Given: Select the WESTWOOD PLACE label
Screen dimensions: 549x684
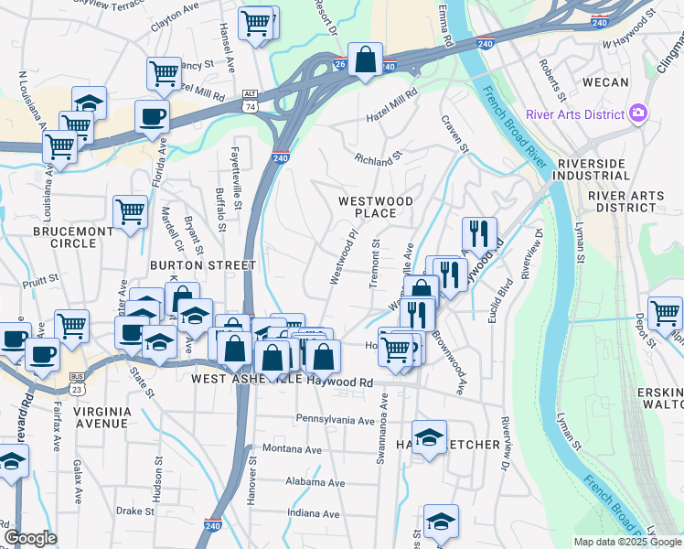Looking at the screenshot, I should (375, 207).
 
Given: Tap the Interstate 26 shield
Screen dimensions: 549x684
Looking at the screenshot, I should (339, 64).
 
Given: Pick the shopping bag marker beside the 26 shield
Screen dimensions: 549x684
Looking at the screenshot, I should (365, 61).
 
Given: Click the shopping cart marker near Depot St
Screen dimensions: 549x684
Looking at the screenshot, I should (665, 313).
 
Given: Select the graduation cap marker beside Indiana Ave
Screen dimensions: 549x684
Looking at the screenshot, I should (441, 522).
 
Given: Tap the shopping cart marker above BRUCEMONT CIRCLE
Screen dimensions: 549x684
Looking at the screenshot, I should (130, 213).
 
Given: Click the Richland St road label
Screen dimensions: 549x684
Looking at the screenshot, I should (379, 158).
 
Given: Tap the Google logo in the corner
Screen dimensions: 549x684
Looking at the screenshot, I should (30, 539).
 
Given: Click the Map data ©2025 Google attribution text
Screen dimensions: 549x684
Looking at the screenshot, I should (627, 542).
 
